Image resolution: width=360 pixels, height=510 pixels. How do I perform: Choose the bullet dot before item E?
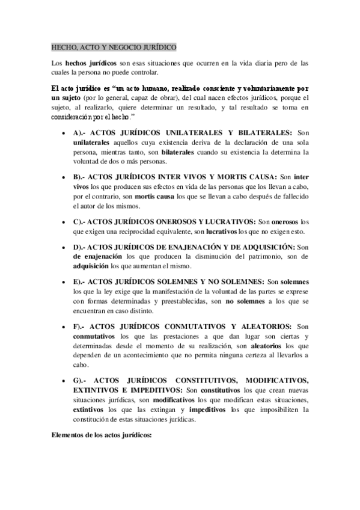tap(63, 281)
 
